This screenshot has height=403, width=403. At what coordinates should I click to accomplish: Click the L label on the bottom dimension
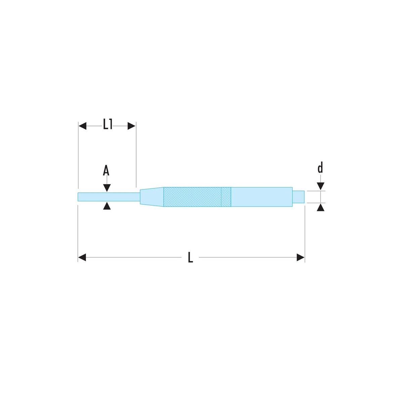pos(190,258)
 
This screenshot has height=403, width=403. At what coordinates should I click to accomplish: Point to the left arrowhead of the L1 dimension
pos(82,126)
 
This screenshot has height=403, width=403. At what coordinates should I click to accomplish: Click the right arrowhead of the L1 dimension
pos(132,126)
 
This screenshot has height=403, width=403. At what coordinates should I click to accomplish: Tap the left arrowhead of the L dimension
pos(82,258)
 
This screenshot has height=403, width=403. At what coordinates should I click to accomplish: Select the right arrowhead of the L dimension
pos(301,258)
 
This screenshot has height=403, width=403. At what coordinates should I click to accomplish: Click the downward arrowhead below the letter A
pos(107,188)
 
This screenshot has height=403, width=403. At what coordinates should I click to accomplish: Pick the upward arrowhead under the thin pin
pos(107,206)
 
